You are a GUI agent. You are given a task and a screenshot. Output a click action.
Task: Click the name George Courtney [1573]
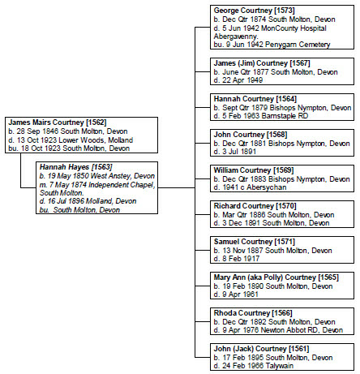point(254,11)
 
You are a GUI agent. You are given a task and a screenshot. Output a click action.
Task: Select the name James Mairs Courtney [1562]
point(58,123)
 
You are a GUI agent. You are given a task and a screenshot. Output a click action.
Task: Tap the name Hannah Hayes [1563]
point(75,167)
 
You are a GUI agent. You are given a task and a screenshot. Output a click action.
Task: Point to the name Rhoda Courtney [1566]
point(253,313)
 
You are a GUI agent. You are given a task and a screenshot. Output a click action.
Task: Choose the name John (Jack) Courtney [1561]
point(261,349)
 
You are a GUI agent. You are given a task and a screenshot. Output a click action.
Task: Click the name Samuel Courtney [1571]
point(255,242)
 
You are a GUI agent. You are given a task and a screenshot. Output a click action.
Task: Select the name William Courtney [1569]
point(254,170)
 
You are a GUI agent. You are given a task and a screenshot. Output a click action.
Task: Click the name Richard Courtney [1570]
point(255,206)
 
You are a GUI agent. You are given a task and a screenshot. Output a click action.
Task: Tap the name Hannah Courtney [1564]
point(255,99)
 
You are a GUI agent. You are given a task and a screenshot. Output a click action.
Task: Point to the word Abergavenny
point(236,37)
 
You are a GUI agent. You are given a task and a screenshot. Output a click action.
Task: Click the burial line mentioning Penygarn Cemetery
point(272,45)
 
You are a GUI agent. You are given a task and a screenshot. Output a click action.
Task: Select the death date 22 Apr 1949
point(242,80)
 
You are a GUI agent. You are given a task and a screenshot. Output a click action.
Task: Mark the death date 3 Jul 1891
point(239,152)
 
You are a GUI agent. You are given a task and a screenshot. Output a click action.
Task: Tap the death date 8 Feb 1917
point(241,259)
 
